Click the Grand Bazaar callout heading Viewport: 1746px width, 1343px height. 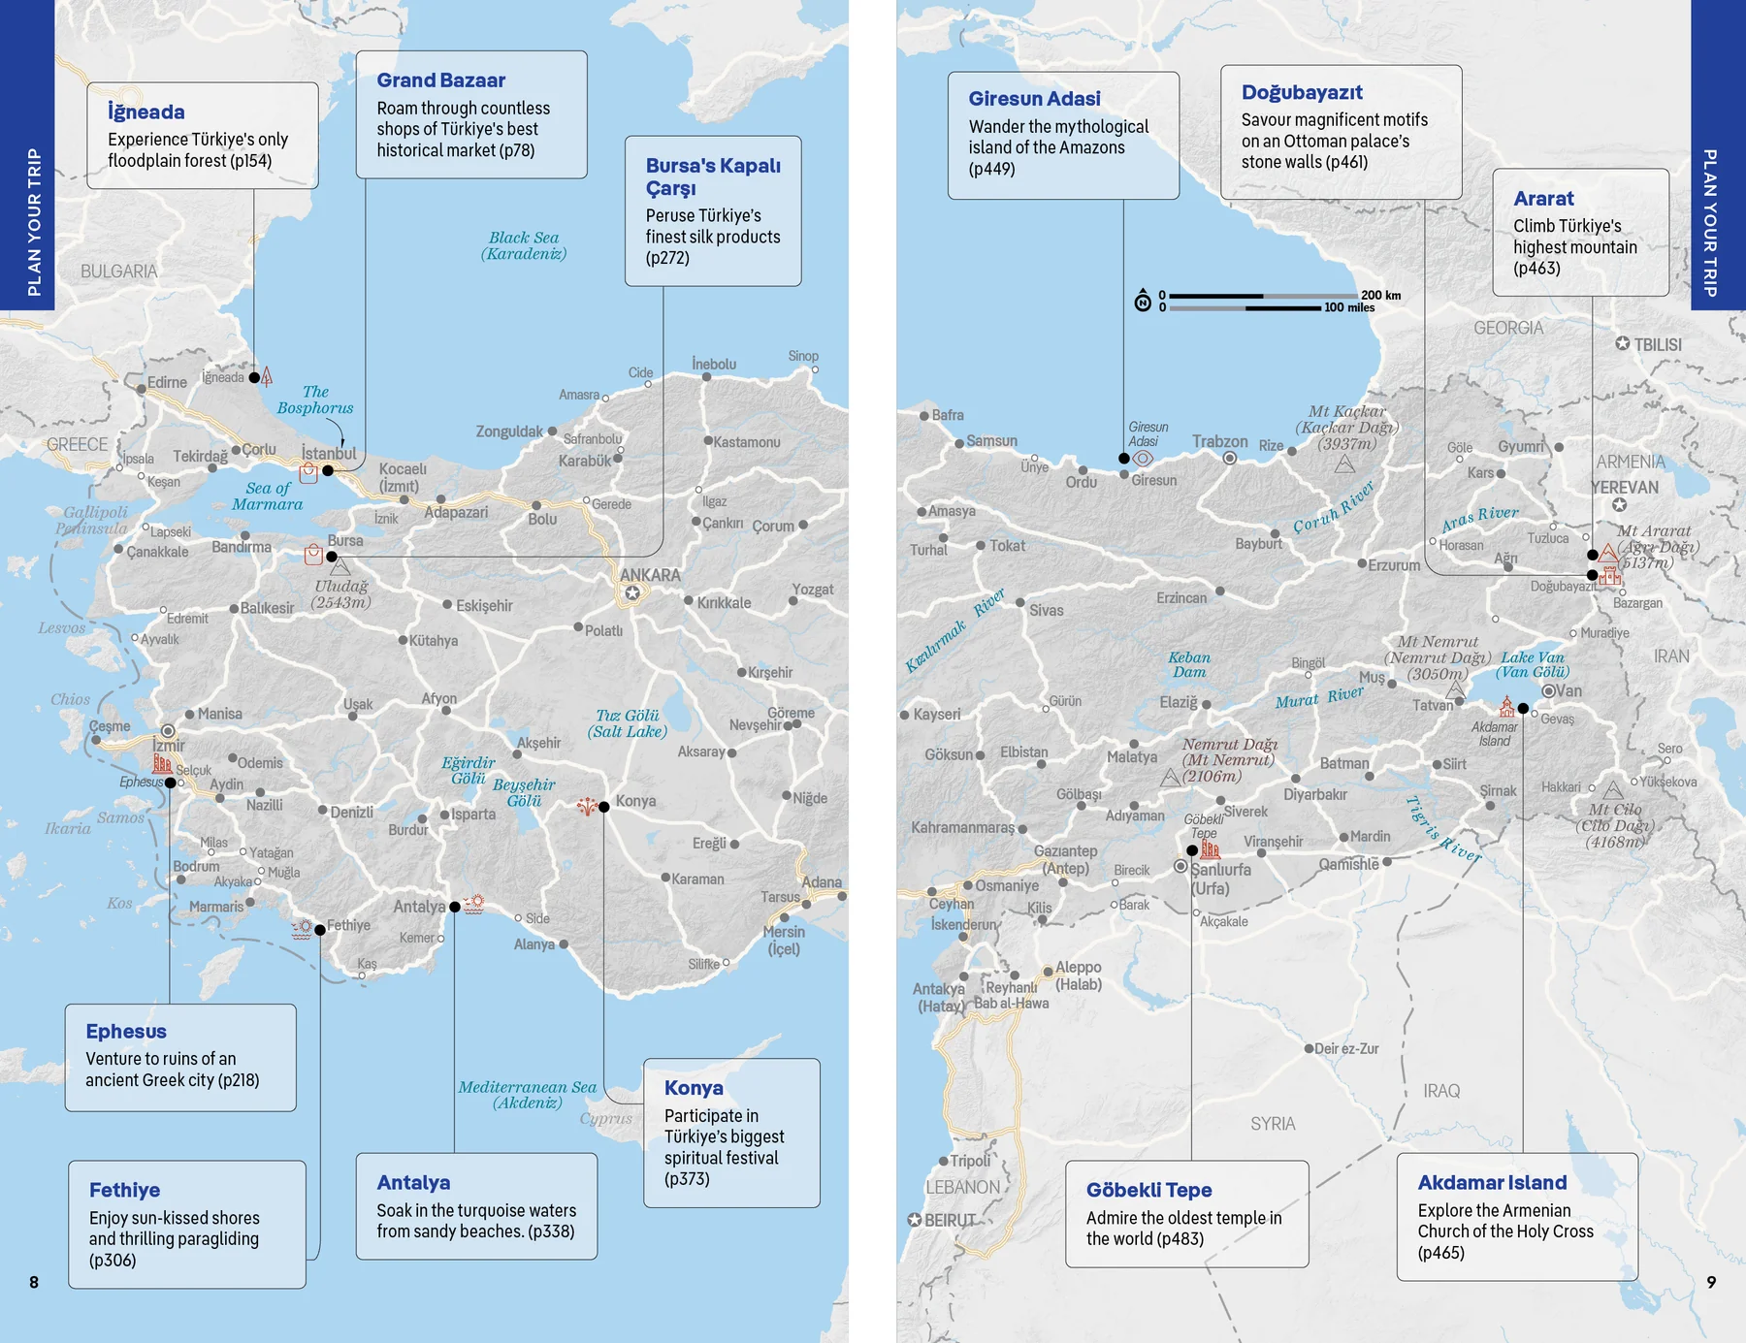440,80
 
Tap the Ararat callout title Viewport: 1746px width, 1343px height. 1543,199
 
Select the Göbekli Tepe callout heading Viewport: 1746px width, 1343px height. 1148,1190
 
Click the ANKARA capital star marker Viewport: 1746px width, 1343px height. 632,592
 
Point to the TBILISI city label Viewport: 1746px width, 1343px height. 1657,345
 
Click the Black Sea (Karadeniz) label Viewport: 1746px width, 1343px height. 524,245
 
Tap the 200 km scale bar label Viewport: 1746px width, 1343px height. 1380,295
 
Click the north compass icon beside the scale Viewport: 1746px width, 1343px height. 1143,302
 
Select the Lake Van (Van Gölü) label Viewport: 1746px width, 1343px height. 1532,664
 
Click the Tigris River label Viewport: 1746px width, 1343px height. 1442,829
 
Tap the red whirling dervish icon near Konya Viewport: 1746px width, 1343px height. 587,805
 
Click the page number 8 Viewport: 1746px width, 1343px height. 34,1282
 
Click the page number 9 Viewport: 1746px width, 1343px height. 1711,1282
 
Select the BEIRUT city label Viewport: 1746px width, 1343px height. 949,1221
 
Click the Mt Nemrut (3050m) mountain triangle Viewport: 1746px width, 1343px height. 1455,689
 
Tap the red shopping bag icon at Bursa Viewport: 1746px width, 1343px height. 313,555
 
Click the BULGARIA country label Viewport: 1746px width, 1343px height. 118,272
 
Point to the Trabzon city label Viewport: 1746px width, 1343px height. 1219,441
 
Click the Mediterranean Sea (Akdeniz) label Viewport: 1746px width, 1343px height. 527,1095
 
